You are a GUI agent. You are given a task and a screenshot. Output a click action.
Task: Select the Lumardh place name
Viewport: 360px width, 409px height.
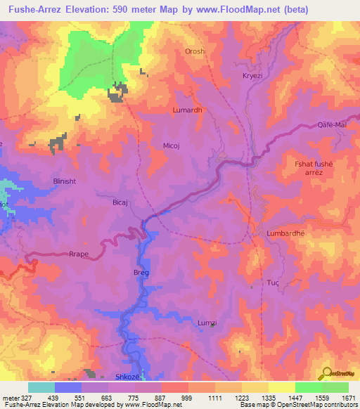[187, 110]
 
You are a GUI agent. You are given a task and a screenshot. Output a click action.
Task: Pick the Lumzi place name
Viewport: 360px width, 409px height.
[207, 322]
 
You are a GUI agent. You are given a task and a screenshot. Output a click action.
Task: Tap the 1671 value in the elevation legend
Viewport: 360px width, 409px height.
[348, 398]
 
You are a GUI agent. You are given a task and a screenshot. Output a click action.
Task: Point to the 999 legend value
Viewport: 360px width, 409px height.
[186, 398]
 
